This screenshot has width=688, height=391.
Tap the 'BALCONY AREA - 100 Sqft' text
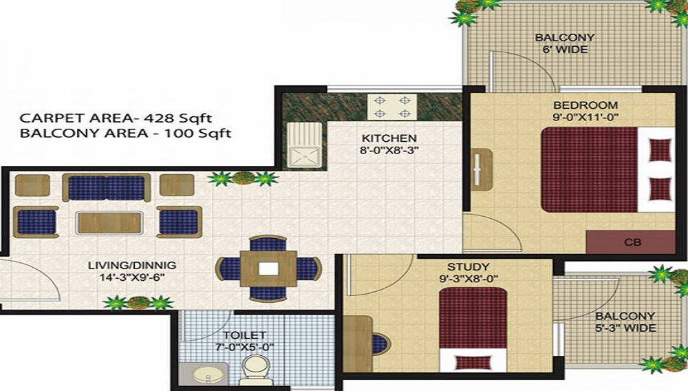pyautogui.click(x=126, y=133)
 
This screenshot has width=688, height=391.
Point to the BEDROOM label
pyautogui.click(x=585, y=105)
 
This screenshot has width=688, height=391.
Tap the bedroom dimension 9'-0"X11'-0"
pyautogui.click(x=585, y=118)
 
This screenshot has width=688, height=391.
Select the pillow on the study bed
pyautogui.click(x=471, y=361)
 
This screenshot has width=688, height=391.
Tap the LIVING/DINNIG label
pyautogui.click(x=132, y=265)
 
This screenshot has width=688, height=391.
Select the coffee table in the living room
pyautogui.click(x=110, y=222)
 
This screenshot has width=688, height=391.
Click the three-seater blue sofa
pyautogui.click(x=107, y=187)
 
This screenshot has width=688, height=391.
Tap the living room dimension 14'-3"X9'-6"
pyautogui.click(x=132, y=277)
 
